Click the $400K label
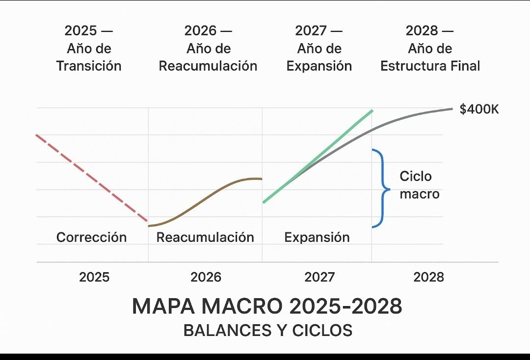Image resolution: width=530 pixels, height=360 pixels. click(x=478, y=109)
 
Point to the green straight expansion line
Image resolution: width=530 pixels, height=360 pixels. click(x=319, y=155)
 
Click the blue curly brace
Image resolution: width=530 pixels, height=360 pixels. click(x=381, y=188)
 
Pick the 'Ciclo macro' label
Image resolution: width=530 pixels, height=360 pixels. click(x=419, y=185)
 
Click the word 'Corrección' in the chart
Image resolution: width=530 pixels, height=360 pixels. click(x=91, y=237)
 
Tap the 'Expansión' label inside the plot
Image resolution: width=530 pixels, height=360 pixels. click(x=317, y=237)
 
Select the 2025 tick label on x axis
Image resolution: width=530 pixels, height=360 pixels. click(x=94, y=277)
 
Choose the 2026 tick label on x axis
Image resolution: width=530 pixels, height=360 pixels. click(x=206, y=277)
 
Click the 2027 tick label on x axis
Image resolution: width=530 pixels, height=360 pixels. click(x=319, y=277)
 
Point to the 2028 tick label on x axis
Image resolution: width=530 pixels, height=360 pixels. click(x=428, y=277)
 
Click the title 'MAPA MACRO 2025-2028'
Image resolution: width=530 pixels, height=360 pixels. click(x=267, y=307)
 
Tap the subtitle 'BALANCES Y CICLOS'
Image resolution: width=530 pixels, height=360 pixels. click(x=267, y=330)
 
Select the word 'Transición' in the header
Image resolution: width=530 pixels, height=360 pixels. click(x=88, y=66)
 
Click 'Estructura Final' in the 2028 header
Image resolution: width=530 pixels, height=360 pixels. click(x=430, y=66)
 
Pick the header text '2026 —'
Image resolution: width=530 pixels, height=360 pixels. click(x=208, y=31)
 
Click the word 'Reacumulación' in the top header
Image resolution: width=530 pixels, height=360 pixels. click(x=208, y=66)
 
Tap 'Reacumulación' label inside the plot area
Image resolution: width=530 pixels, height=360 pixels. click(x=205, y=237)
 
